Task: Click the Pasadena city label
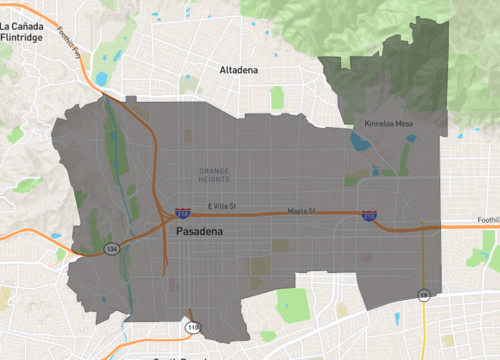pyautogui.click(x=206, y=231)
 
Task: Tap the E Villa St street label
pyautogui.click(x=221, y=207)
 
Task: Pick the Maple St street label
pyautogui.click(x=301, y=211)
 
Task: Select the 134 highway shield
pyautogui.click(x=114, y=249)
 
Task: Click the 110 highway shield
pyautogui.click(x=190, y=327)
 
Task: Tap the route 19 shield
pyautogui.click(x=424, y=295)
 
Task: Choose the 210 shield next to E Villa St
pyautogui.click(x=182, y=213)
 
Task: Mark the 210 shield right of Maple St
pyautogui.click(x=369, y=215)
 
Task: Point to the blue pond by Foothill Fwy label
pyautogui.click(x=102, y=78)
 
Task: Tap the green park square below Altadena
pyautogui.click(x=277, y=97)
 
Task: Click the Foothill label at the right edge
pyautogui.click(x=487, y=220)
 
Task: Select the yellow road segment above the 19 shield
pyautogui.click(x=424, y=260)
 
